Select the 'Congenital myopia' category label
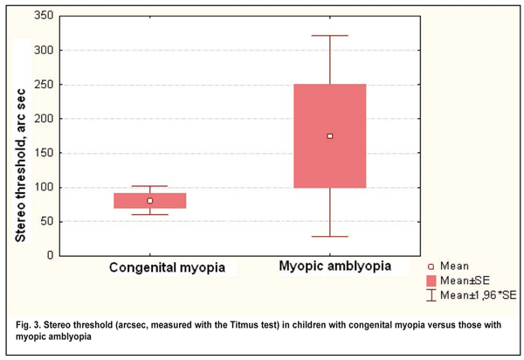click(167, 267)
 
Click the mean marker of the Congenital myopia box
click(150, 201)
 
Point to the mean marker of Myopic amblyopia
click(330, 136)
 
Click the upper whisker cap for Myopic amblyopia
click(330, 36)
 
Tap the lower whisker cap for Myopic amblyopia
click(330, 237)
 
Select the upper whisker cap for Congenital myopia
click(150, 186)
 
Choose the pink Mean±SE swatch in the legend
click(431, 280)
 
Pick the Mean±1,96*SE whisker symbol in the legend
click(431, 295)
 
